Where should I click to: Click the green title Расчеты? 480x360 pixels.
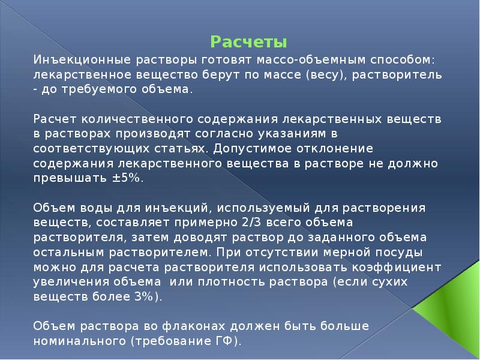249,43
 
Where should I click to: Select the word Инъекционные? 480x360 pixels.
73,61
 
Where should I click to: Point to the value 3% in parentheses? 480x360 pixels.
146,296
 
